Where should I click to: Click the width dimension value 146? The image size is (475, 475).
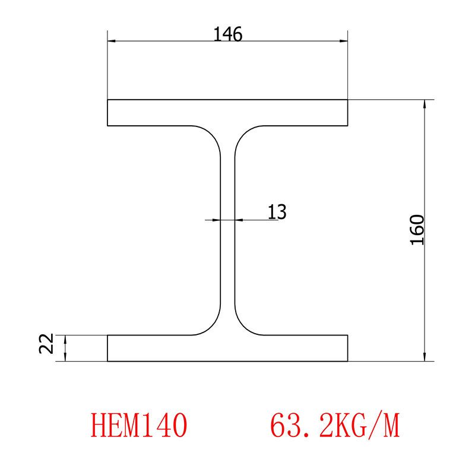coord(228,35)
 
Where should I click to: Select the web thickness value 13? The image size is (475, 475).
coord(277,211)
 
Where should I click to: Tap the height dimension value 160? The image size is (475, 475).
coord(417,230)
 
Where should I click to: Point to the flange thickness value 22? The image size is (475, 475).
coord(47,344)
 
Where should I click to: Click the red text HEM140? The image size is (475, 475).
coord(140,426)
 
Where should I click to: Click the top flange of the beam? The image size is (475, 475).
coord(227,113)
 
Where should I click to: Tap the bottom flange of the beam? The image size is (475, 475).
coord(227,348)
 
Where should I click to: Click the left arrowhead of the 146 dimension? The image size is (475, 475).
coord(112,42)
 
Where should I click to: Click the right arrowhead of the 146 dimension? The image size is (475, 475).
coord(344,42)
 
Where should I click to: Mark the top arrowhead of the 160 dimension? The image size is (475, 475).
coord(425,104)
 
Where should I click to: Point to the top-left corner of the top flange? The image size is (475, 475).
coord(107,100)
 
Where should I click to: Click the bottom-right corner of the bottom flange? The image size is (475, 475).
coord(348,361)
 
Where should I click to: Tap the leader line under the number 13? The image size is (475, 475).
coord(261,220)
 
